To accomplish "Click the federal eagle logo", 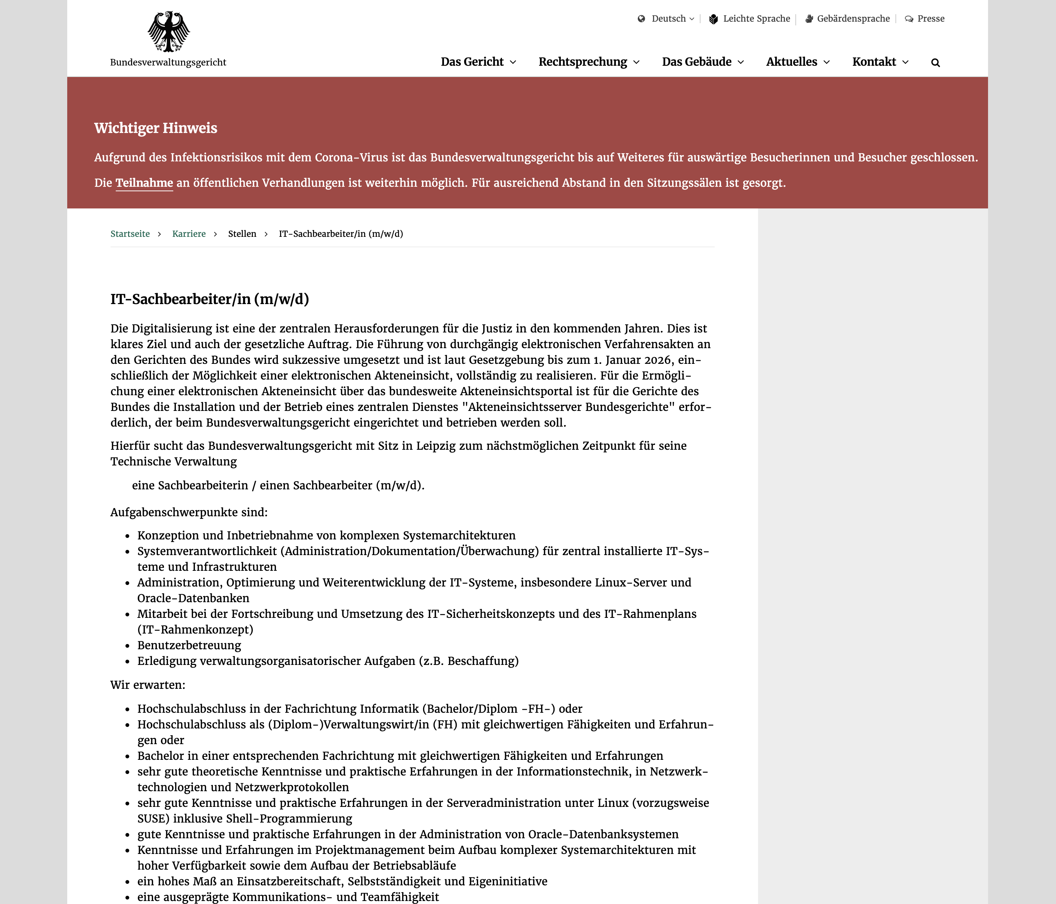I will pos(169,32).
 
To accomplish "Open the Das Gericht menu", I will pos(478,62).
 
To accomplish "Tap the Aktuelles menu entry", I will pos(798,62).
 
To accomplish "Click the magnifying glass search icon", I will pos(935,63).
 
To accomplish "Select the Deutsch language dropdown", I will pos(668,19).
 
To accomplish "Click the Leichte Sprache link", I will pos(756,19).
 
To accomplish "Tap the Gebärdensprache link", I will pos(852,19).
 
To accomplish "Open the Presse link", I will pos(930,19).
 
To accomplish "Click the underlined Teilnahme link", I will pos(144,183).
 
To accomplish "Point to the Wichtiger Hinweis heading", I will pos(155,128).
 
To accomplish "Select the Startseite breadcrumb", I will pos(130,233).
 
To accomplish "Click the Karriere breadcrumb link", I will pos(189,233).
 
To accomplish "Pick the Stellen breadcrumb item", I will pos(242,233).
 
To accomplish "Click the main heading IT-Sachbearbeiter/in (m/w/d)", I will pos(209,299).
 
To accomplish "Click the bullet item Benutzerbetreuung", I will pos(189,645).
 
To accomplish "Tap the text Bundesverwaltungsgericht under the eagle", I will pos(168,62).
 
